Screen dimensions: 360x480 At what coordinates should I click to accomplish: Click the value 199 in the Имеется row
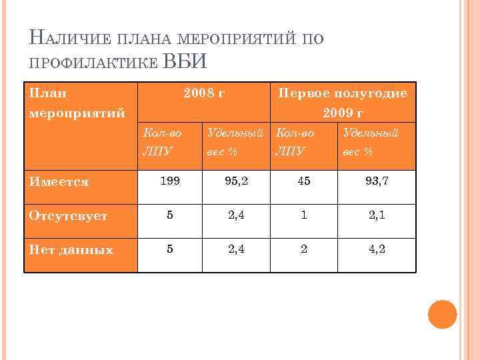169,181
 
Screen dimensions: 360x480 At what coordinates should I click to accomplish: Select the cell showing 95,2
236,181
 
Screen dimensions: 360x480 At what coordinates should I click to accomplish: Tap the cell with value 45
303,181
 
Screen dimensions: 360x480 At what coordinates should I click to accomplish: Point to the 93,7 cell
376,181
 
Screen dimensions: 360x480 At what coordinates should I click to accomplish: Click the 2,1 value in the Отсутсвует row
376,215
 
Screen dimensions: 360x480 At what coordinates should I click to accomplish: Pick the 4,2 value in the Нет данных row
376,249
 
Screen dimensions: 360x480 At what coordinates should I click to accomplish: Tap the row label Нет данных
69,250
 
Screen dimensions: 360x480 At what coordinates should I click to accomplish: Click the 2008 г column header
203,93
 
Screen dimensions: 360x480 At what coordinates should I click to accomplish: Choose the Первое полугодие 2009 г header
343,102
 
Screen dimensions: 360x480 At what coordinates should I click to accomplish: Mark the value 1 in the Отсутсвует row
303,215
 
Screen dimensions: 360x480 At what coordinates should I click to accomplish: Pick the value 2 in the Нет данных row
303,249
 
